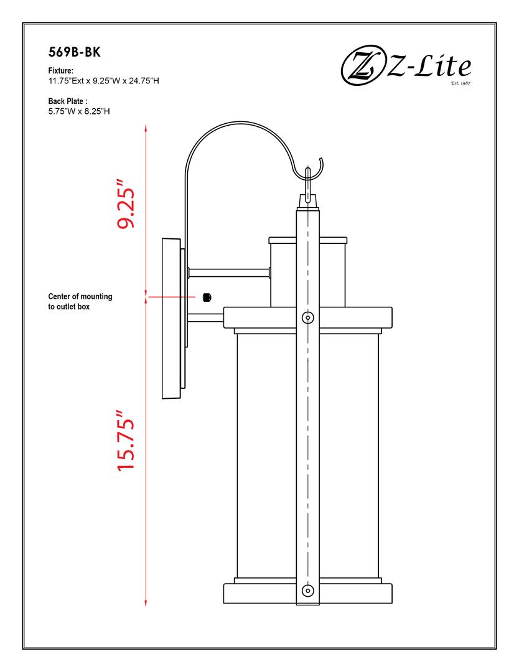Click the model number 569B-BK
point(74,53)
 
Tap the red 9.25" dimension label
point(126,205)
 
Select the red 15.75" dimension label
point(126,440)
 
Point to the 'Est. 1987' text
point(460,82)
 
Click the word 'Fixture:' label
point(61,72)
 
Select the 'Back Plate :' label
point(68,101)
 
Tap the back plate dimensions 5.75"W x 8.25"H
point(79,112)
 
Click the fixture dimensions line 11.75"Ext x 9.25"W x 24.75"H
point(103,82)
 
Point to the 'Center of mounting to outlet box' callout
point(80,301)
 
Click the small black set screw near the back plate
point(208,297)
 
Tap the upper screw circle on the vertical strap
point(307,317)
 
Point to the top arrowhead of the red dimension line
point(146,128)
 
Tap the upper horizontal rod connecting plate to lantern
point(228,272)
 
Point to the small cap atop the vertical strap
point(307,200)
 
